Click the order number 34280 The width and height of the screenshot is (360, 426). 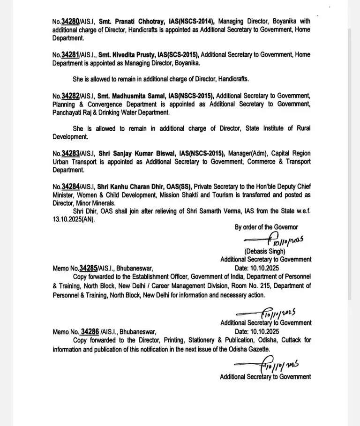tap(70, 22)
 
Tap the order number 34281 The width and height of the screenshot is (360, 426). tap(70, 55)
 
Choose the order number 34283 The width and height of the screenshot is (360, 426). tap(70, 153)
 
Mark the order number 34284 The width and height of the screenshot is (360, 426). tap(70, 187)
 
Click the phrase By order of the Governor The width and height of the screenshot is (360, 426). tap(266, 227)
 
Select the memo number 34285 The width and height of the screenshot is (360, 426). tap(88, 269)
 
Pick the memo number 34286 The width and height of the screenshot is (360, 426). tap(89, 332)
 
